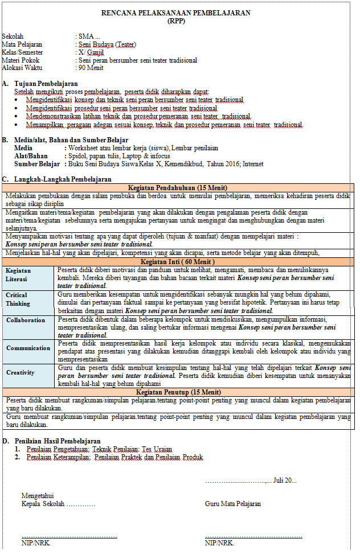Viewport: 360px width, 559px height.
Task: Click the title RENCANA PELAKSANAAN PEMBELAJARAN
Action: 176,13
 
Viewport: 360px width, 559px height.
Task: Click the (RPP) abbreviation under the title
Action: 176,21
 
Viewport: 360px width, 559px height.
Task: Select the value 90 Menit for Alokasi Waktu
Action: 91,68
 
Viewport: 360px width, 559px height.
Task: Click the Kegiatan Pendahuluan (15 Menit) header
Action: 178,188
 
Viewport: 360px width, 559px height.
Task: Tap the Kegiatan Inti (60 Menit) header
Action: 178,261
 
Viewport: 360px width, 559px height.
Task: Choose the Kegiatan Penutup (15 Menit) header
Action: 178,392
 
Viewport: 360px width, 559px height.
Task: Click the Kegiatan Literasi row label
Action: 18,275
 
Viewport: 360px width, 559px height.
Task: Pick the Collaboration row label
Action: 26,320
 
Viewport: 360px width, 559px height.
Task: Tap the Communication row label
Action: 28,348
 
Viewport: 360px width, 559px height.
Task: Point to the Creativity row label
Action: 21,372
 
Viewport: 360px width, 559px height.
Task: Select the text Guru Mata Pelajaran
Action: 233,504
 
